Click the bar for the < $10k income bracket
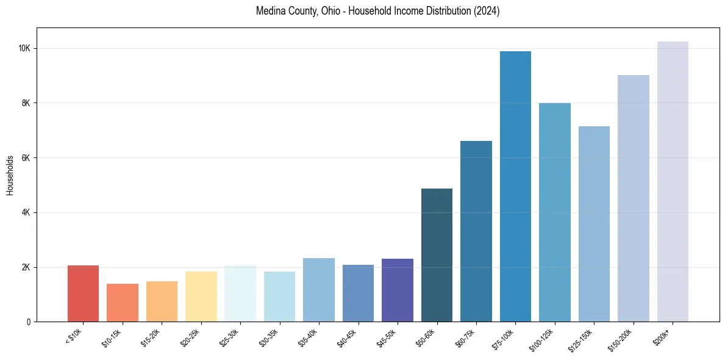(x=83, y=293)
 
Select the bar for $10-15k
(x=123, y=303)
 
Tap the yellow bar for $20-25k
(x=201, y=297)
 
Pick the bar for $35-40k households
(x=319, y=290)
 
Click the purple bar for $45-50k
(x=398, y=290)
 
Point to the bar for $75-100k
(x=515, y=186)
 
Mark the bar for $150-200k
(x=634, y=198)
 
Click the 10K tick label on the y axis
(x=26, y=49)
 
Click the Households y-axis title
(x=10, y=175)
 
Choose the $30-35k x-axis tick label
(x=269, y=337)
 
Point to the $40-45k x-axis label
(x=348, y=337)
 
